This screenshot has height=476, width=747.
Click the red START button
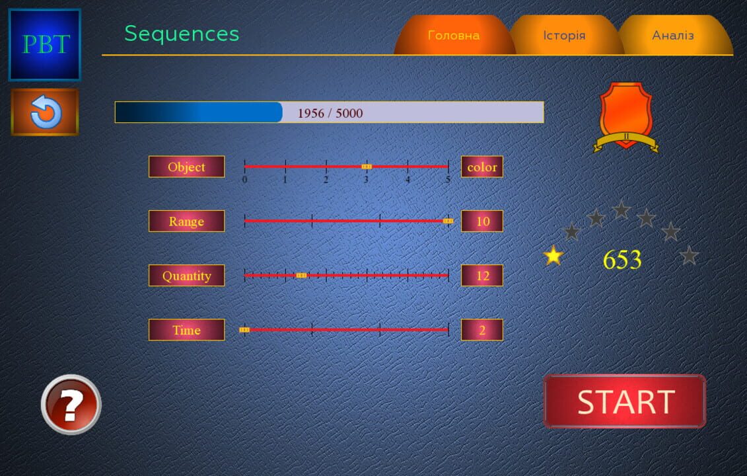[624, 401]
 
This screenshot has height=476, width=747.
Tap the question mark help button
[71, 404]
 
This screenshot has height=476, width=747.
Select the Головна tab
[454, 36]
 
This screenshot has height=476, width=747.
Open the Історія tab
[564, 36]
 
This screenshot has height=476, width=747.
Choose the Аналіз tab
[673, 36]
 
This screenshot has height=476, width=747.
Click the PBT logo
[45, 44]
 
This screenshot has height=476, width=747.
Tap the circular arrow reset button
[45, 112]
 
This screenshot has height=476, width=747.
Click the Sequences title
[182, 34]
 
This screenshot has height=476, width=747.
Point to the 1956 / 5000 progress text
[330, 113]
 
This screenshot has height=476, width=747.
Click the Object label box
[186, 167]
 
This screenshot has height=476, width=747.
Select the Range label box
[186, 221]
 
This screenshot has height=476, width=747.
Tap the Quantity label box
[186, 276]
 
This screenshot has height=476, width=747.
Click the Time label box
[186, 330]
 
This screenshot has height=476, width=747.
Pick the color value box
[482, 167]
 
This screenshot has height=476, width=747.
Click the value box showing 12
[482, 276]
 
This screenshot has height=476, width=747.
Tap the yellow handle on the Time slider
[244, 329]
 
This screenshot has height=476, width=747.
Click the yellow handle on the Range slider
[448, 221]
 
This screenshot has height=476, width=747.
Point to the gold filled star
[553, 255]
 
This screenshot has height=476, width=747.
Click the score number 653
[622, 260]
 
